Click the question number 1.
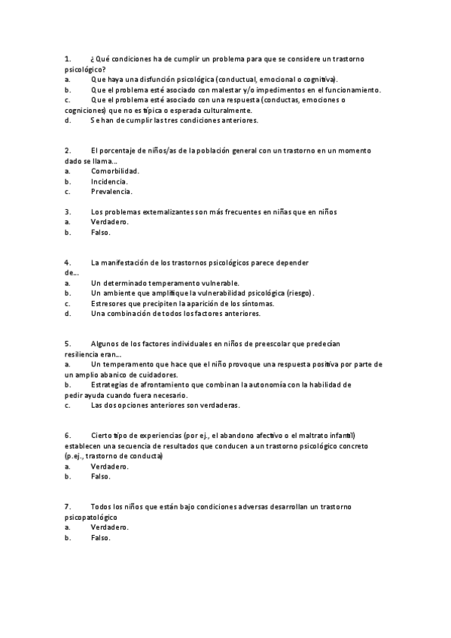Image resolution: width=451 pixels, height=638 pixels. coord(67,57)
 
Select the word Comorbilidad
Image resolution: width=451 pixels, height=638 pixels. coord(114,171)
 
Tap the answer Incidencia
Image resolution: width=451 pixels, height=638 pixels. coord(109,181)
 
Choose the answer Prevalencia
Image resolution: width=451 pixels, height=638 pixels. coord(111,191)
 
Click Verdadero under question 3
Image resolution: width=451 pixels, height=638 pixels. coord(110,222)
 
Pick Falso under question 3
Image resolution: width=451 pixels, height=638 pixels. coord(101,232)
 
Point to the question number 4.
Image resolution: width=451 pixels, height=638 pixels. coord(67,263)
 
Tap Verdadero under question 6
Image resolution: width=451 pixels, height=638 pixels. coord(110,466)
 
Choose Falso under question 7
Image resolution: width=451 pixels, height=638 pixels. coord(101,538)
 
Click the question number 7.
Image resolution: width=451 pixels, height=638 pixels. coord(67,507)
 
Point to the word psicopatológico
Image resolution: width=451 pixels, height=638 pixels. coord(91,518)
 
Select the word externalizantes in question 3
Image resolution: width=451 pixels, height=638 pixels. coord(168,212)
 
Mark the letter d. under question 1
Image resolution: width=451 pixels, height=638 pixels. coord(68,120)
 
